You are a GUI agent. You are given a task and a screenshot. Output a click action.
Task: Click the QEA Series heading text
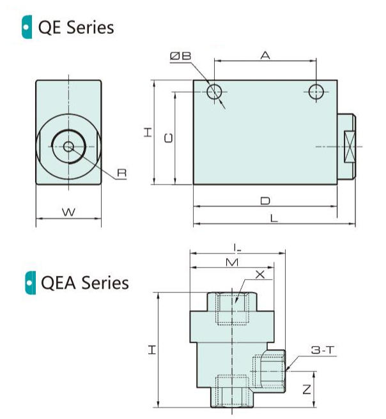pyautogui.click(x=84, y=282)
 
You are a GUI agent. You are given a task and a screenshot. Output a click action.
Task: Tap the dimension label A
pyautogui.click(x=265, y=56)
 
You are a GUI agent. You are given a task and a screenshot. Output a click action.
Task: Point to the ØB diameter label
pyautogui.click(x=181, y=57)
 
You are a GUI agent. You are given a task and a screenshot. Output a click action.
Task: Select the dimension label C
pyautogui.click(x=168, y=138)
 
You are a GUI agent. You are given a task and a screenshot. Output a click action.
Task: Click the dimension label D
pyautogui.click(x=265, y=201)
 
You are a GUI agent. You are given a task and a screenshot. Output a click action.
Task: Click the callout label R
pyautogui.click(x=121, y=172)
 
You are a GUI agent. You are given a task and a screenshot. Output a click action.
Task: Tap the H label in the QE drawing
pyautogui.click(x=148, y=132)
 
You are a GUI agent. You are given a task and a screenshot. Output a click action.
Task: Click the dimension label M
pyautogui.click(x=233, y=263)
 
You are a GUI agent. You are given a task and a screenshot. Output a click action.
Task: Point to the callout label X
pyautogui.click(x=259, y=275)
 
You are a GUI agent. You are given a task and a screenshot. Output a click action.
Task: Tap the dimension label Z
pyautogui.click(x=307, y=388)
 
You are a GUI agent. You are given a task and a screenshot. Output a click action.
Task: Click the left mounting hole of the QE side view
pyautogui.click(x=215, y=92)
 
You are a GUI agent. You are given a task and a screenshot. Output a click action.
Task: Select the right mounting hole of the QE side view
pyautogui.click(x=316, y=92)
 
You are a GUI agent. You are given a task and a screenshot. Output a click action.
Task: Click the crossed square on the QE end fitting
pyautogui.click(x=350, y=147)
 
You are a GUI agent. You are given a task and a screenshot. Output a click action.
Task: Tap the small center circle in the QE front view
pyautogui.click(x=68, y=147)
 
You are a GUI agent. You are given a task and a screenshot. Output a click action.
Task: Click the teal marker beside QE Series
pyautogui.click(x=26, y=27)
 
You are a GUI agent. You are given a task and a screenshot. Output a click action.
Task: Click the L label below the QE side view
pyautogui.click(x=274, y=218)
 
